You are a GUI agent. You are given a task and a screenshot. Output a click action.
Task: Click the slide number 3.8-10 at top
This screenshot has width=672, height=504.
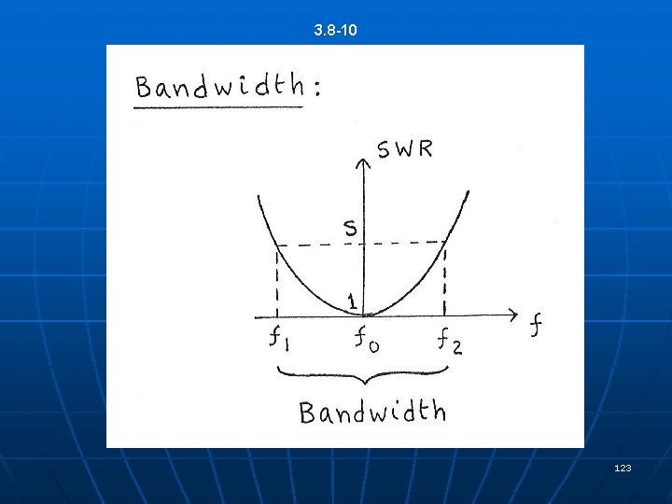(336, 32)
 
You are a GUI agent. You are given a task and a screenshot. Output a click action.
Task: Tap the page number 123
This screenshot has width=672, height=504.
(623, 468)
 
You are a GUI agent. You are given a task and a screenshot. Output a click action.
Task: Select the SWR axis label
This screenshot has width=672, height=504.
(404, 149)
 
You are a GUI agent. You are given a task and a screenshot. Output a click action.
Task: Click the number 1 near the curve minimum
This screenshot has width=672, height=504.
(352, 301)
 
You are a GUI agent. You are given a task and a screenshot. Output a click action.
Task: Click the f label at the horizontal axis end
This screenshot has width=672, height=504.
(536, 326)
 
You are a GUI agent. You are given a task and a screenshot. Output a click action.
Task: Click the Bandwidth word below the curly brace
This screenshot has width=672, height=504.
(372, 412)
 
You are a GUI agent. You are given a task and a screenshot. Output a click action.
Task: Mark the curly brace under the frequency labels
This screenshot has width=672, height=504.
(363, 375)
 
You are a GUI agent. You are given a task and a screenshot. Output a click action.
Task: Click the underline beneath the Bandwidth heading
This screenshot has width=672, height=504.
(218, 107)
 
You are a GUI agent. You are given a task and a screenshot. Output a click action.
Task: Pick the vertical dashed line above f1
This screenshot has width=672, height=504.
(277, 280)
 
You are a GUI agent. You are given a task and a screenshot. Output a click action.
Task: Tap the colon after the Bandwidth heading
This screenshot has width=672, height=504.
(318, 90)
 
